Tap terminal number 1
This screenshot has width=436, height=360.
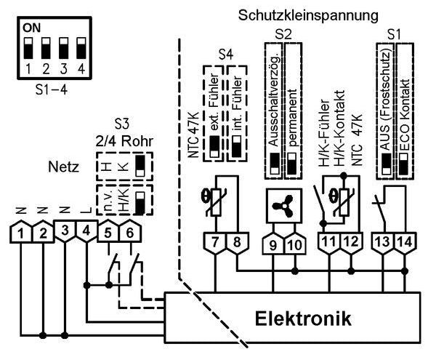pos(24,233)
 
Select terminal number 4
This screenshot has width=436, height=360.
pos(86,233)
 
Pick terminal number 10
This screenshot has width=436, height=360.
pos(294,244)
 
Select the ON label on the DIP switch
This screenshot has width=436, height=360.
pos(31,28)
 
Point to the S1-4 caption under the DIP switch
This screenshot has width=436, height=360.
pos(50,93)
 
